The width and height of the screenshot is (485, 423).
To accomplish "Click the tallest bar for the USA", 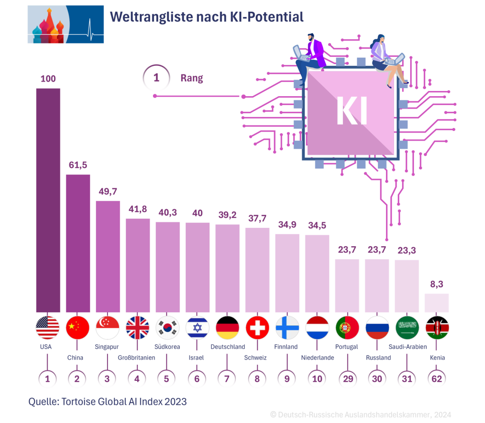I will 48,199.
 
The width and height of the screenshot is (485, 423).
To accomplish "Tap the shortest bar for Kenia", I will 436,303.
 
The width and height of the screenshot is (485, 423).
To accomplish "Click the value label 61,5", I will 78,165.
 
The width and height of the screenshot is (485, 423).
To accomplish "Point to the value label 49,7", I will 108,192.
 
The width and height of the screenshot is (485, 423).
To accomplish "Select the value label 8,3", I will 436,284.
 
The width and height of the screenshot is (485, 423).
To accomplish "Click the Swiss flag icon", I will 257,328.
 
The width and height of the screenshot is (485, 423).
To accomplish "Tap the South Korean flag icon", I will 167,328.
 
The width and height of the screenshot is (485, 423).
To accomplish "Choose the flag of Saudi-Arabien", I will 406,328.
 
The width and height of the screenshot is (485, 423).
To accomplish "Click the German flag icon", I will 227,328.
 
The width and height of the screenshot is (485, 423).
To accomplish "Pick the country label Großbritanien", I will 136,358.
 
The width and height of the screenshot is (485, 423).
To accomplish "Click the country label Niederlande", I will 317,358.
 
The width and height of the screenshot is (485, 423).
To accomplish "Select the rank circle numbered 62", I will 436,378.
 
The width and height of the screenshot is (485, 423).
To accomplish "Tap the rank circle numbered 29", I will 347,378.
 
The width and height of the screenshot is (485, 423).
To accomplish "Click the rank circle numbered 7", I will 227,378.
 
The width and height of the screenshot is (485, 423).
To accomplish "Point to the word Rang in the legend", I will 191,79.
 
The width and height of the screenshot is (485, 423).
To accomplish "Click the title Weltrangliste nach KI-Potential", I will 207,18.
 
